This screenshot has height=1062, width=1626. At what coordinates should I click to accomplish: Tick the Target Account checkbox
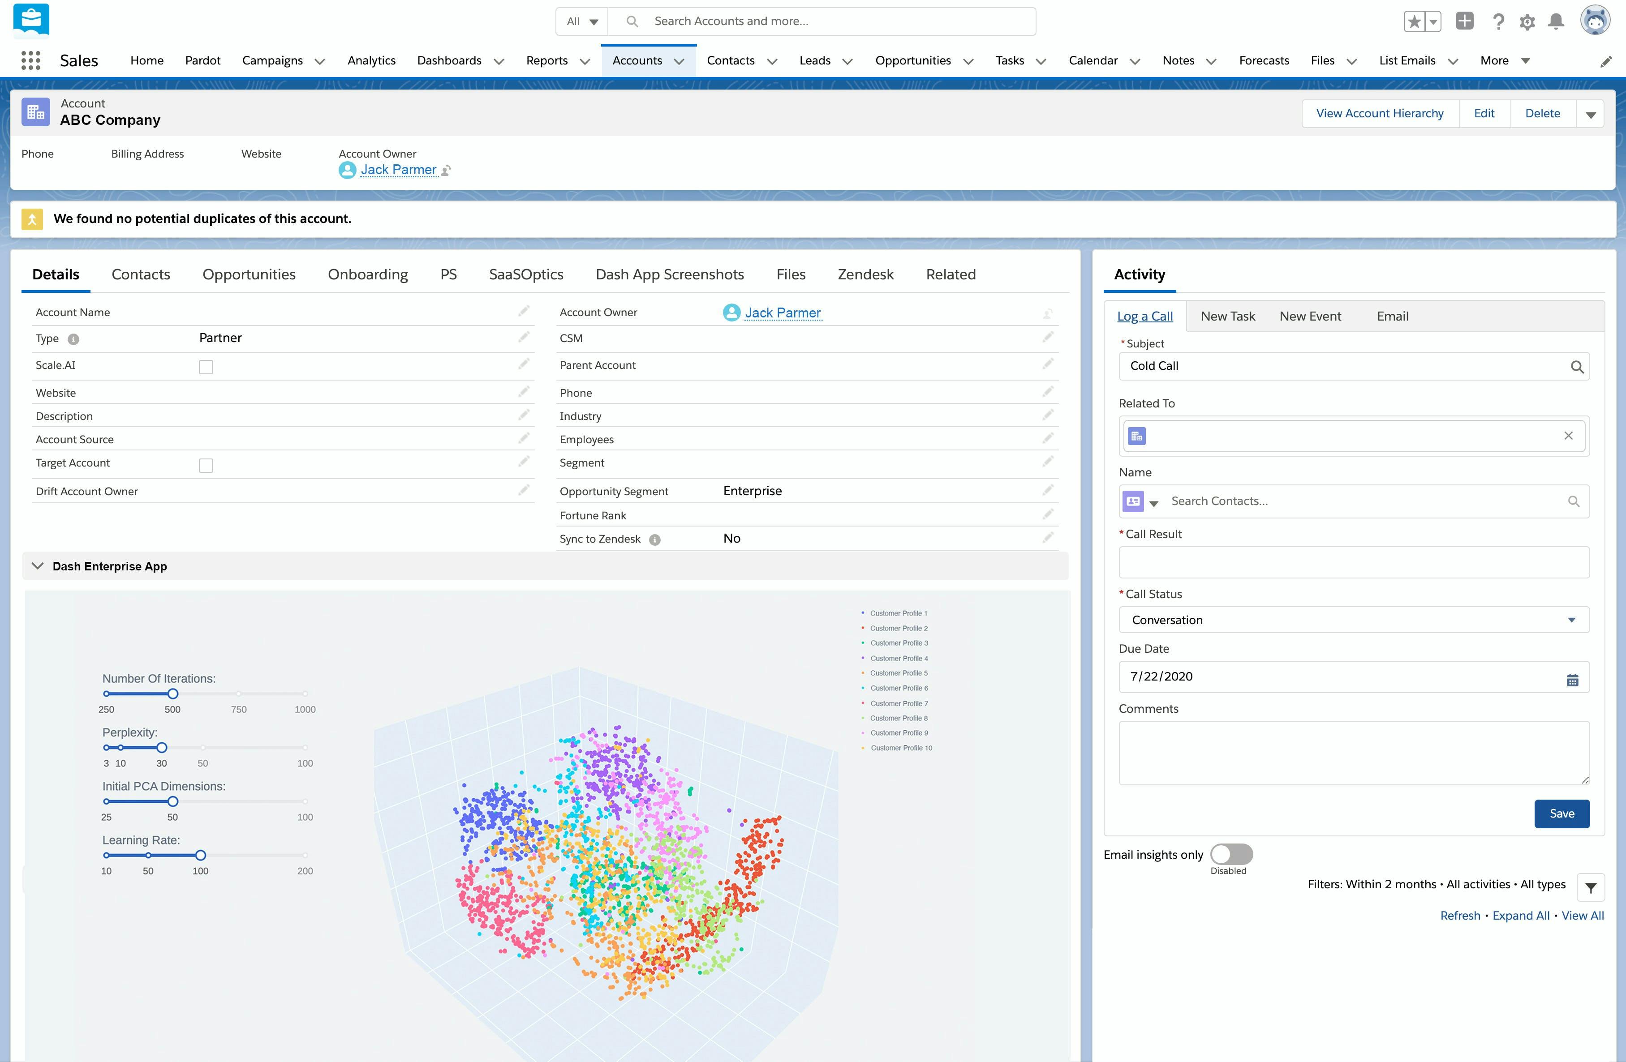[x=206, y=466]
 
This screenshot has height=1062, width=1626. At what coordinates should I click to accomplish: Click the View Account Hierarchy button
[x=1379, y=113]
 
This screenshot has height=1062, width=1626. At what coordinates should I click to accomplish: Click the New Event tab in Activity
[x=1310, y=316]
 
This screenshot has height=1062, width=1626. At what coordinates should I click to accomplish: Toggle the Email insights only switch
[x=1231, y=854]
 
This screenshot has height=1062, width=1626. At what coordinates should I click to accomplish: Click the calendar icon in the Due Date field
[x=1572, y=680]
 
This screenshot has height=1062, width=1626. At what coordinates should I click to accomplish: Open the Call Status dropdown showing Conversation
[x=1353, y=620]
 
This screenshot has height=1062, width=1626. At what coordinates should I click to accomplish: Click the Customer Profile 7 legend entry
[x=899, y=703]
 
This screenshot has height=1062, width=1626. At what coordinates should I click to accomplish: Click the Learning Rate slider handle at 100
[x=200, y=855]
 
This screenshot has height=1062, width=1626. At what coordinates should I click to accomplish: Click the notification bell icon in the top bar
[x=1556, y=21]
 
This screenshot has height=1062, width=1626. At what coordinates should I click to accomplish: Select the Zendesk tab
[x=865, y=274]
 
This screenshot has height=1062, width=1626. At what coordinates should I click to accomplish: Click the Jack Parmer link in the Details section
[x=782, y=313]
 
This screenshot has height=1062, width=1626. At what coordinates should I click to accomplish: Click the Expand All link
[x=1520, y=916]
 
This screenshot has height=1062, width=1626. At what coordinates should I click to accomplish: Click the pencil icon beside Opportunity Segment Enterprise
[x=1047, y=490]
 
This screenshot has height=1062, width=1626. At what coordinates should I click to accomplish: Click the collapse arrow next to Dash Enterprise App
[x=38, y=566]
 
